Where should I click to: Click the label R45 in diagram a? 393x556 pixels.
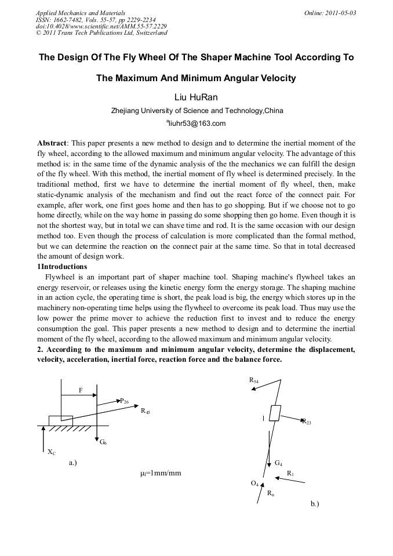145,411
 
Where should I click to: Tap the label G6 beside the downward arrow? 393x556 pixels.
103,442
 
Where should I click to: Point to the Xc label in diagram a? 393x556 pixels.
52,452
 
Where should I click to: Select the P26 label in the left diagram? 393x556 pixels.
125,401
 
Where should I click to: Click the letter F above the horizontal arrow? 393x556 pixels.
81,390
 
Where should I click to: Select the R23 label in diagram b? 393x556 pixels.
306,422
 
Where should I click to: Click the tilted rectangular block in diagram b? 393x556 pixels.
275,413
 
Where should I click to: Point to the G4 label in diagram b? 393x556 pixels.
279,463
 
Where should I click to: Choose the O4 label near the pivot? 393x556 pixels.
254,483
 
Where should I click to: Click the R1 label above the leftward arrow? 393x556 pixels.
290,474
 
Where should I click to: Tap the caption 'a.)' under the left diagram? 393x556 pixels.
73,463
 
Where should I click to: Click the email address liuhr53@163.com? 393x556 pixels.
196,123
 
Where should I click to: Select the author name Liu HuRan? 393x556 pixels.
196,97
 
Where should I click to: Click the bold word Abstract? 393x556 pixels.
52,143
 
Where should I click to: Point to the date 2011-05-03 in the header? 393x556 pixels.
341,12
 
